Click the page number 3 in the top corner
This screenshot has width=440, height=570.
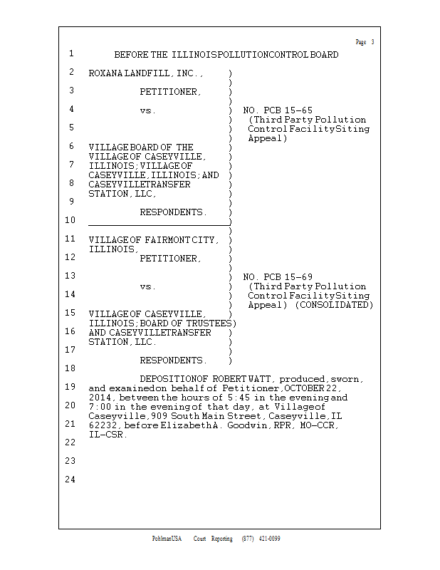click(372, 42)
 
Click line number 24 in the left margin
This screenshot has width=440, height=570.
click(70, 480)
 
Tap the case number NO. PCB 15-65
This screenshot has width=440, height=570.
click(278, 110)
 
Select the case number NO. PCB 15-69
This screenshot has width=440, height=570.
click(278, 277)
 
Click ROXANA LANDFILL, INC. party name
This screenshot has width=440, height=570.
click(146, 73)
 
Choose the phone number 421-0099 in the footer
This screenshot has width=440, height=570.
click(269, 539)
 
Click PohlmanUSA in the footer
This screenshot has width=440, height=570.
click(167, 539)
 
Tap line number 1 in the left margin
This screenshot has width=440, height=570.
click(71, 54)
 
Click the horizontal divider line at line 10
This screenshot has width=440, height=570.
click(159, 225)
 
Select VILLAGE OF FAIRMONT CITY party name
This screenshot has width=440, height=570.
click(154, 240)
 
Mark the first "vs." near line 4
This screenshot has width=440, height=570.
click(147, 110)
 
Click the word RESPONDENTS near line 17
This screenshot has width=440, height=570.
click(173, 361)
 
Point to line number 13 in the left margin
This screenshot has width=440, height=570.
click(70, 276)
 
